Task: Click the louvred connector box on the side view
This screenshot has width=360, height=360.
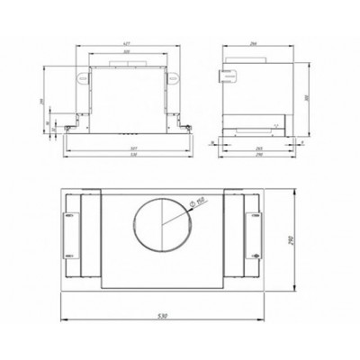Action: (x=229, y=76)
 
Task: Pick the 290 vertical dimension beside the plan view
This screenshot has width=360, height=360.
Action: (x=298, y=239)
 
